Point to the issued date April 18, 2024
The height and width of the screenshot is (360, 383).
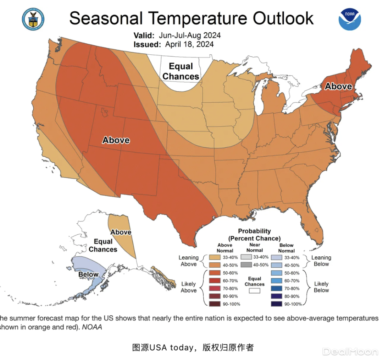189,44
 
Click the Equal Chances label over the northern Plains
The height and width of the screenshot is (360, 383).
181,71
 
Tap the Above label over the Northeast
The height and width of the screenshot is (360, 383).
338,86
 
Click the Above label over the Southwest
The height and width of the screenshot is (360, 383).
116,140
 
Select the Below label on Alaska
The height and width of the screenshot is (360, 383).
88,274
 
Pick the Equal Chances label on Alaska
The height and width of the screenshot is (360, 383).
103,245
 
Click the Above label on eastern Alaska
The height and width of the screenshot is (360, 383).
121,232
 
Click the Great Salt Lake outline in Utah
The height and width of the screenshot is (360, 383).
105,113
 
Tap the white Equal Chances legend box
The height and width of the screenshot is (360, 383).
254,290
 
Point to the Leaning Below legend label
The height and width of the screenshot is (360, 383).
321,261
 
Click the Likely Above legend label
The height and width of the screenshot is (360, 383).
188,287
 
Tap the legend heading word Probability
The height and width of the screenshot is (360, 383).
254,231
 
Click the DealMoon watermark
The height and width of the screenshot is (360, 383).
350,351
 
